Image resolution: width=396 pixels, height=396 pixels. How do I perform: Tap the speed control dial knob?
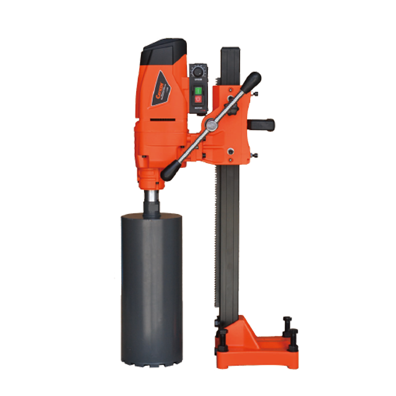200,69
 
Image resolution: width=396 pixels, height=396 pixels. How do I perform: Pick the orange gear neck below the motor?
151,177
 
